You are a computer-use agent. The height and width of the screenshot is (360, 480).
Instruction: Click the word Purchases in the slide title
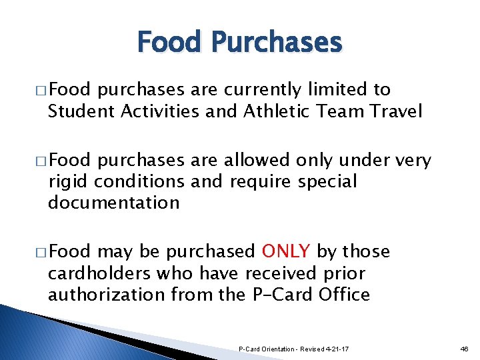(277, 43)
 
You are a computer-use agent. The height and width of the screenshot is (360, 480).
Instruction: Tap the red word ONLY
(286, 251)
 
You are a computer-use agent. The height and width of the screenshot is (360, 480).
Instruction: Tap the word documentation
(113, 203)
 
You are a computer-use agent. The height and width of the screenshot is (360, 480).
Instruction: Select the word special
(328, 181)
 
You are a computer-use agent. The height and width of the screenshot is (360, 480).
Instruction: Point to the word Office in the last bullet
(340, 295)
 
